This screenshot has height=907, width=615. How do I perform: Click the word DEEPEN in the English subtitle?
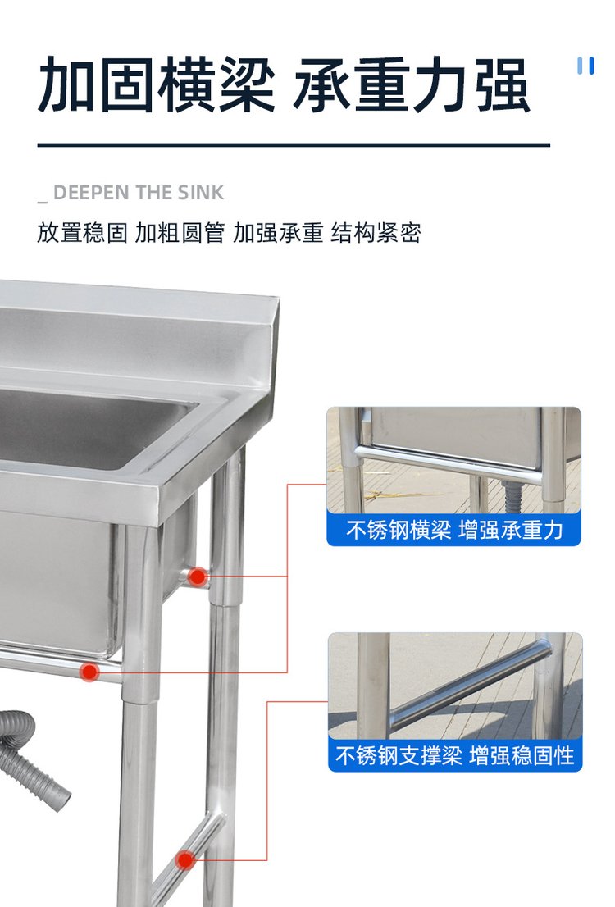pos(92,193)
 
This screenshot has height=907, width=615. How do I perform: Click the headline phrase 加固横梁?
pos(156,85)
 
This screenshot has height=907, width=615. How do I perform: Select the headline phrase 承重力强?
pos(412,85)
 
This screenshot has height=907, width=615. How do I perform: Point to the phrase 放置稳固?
pos(82,233)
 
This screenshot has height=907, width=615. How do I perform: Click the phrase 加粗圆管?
pos(180,233)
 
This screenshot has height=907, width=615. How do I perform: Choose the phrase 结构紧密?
pos(376,233)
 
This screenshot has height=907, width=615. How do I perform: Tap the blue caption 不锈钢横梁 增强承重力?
pos(454,529)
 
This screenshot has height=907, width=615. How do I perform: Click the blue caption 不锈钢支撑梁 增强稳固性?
pos(455,755)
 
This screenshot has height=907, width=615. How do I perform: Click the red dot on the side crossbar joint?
pos(198,577)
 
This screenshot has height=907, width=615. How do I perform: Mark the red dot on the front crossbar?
pos(89,672)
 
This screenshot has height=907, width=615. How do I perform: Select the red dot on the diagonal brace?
pos(185,860)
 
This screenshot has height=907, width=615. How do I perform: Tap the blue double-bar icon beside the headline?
pos(586,66)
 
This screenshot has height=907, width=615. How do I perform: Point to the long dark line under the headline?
pos(294,144)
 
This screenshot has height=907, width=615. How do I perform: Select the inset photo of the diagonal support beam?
pos(455,686)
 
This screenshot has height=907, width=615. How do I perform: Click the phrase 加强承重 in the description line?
pos(278,233)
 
